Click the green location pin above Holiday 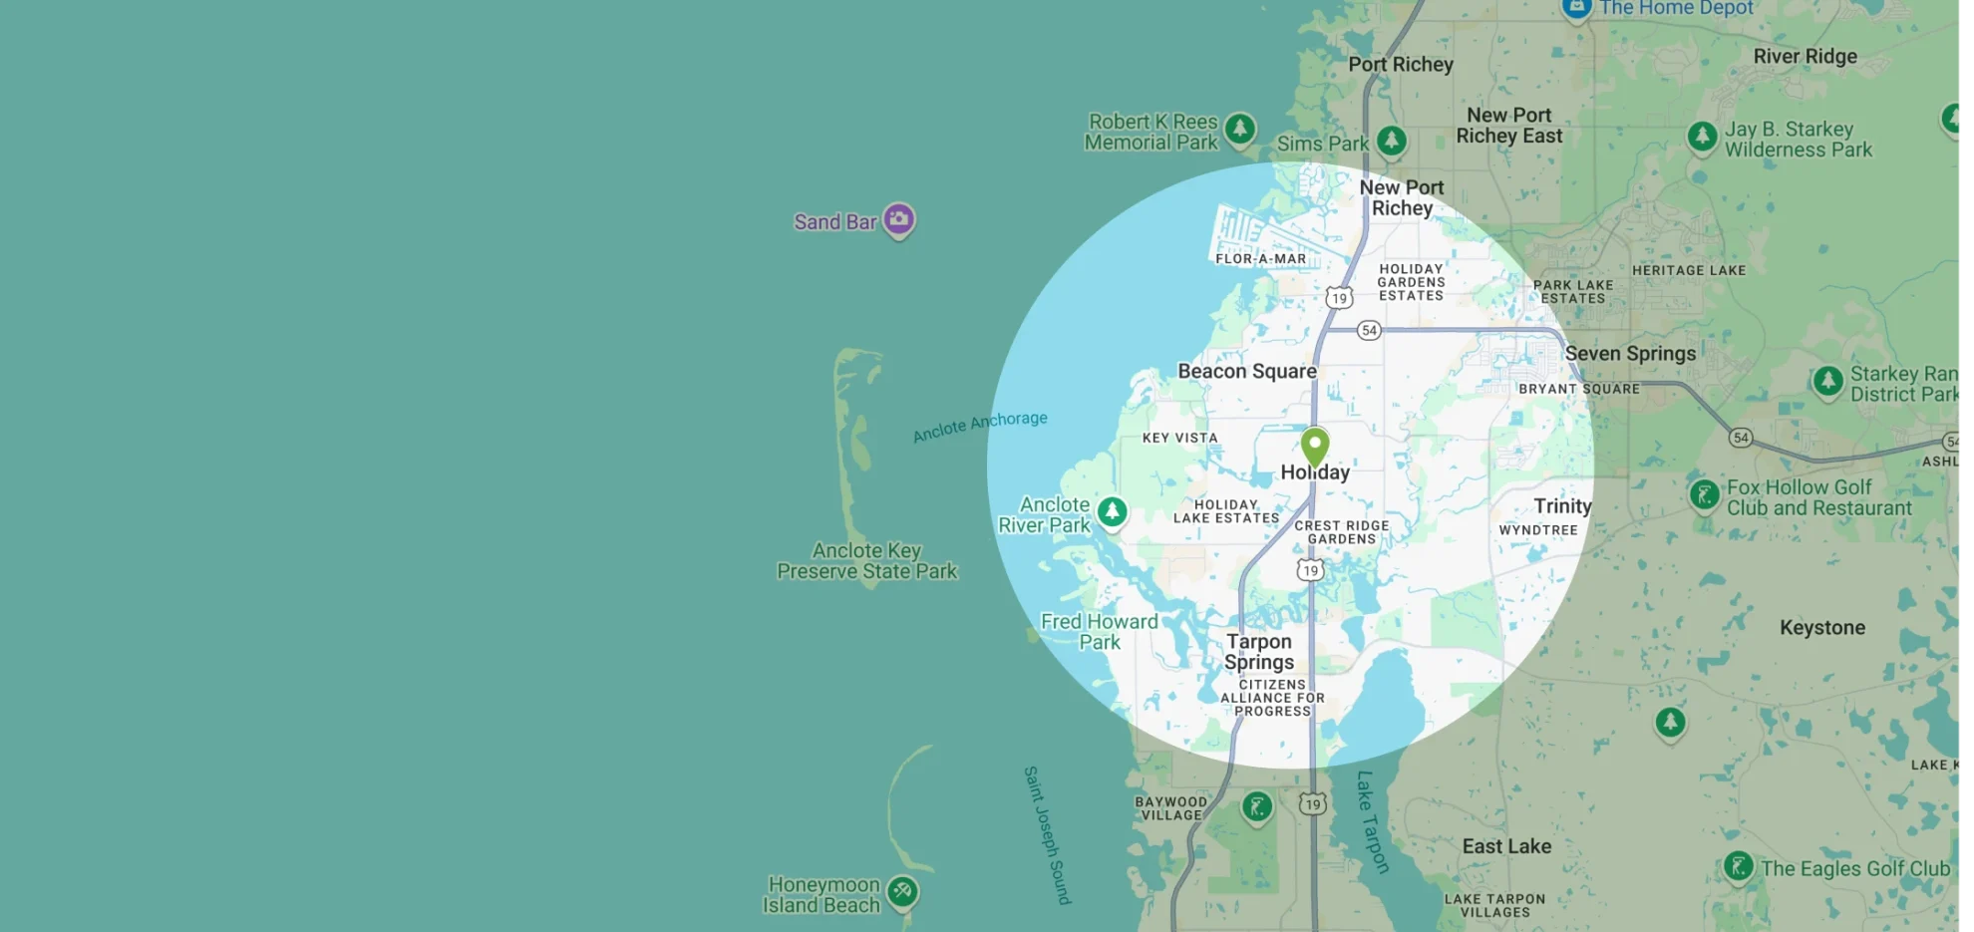(1315, 445)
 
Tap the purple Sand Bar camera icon (898, 218)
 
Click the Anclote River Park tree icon (1112, 512)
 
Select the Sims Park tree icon (1392, 141)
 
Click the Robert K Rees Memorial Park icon (1239, 129)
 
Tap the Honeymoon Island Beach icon (902, 890)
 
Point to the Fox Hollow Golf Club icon (1704, 493)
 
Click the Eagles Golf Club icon (1738, 865)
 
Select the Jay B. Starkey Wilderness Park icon (1702, 136)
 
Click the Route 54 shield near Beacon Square (1369, 330)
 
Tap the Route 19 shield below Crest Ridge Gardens (1310, 570)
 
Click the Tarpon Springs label (1259, 652)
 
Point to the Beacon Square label (1247, 371)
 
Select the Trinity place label (1562, 506)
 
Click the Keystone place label (1822, 627)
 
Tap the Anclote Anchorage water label (980, 426)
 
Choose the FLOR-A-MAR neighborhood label (1260, 258)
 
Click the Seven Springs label (1630, 353)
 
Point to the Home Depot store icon (1576, 8)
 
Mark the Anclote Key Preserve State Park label (866, 560)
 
